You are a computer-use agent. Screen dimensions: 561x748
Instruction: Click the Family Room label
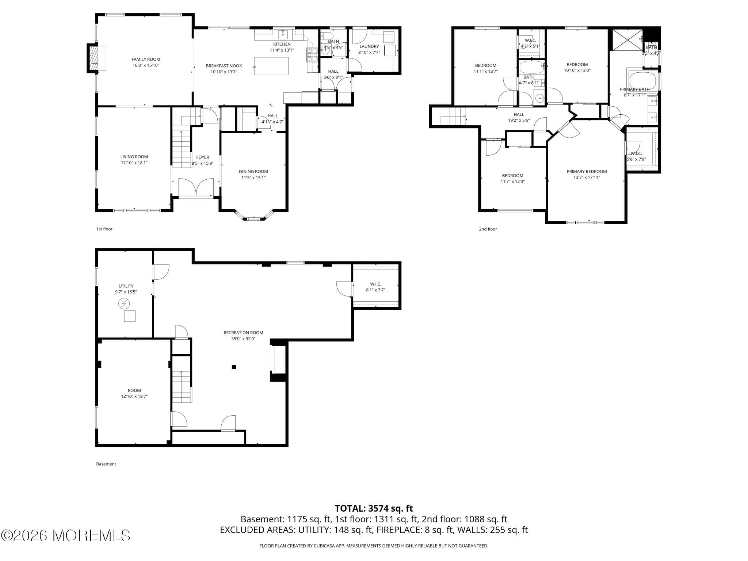tap(146, 59)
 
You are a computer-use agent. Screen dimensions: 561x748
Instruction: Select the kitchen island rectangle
tap(271, 66)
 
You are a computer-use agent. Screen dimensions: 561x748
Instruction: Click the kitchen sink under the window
tap(283, 35)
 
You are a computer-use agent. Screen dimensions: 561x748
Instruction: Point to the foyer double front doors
tap(196, 187)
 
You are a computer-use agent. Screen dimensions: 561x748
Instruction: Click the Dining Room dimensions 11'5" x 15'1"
tap(253, 178)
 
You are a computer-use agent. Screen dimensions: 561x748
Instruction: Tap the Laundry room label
tap(369, 46)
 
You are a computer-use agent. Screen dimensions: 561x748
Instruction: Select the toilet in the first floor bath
tap(327, 36)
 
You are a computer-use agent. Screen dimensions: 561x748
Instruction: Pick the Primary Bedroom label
tap(587, 171)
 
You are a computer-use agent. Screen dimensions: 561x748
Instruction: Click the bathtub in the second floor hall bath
tap(531, 67)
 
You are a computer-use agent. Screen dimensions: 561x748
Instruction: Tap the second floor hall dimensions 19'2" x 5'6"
tap(519, 120)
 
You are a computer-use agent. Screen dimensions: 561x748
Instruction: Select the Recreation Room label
tap(243, 333)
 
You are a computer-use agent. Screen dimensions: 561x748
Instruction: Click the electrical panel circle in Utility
tap(124, 304)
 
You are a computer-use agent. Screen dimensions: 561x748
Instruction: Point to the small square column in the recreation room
tap(234, 367)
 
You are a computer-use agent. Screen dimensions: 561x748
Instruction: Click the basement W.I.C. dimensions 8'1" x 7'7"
tap(375, 290)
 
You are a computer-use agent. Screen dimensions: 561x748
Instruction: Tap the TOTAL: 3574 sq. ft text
tap(374, 508)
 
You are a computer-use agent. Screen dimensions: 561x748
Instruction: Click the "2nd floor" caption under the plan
tap(488, 229)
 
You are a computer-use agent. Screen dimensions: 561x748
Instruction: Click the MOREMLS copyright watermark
tap(66, 535)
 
